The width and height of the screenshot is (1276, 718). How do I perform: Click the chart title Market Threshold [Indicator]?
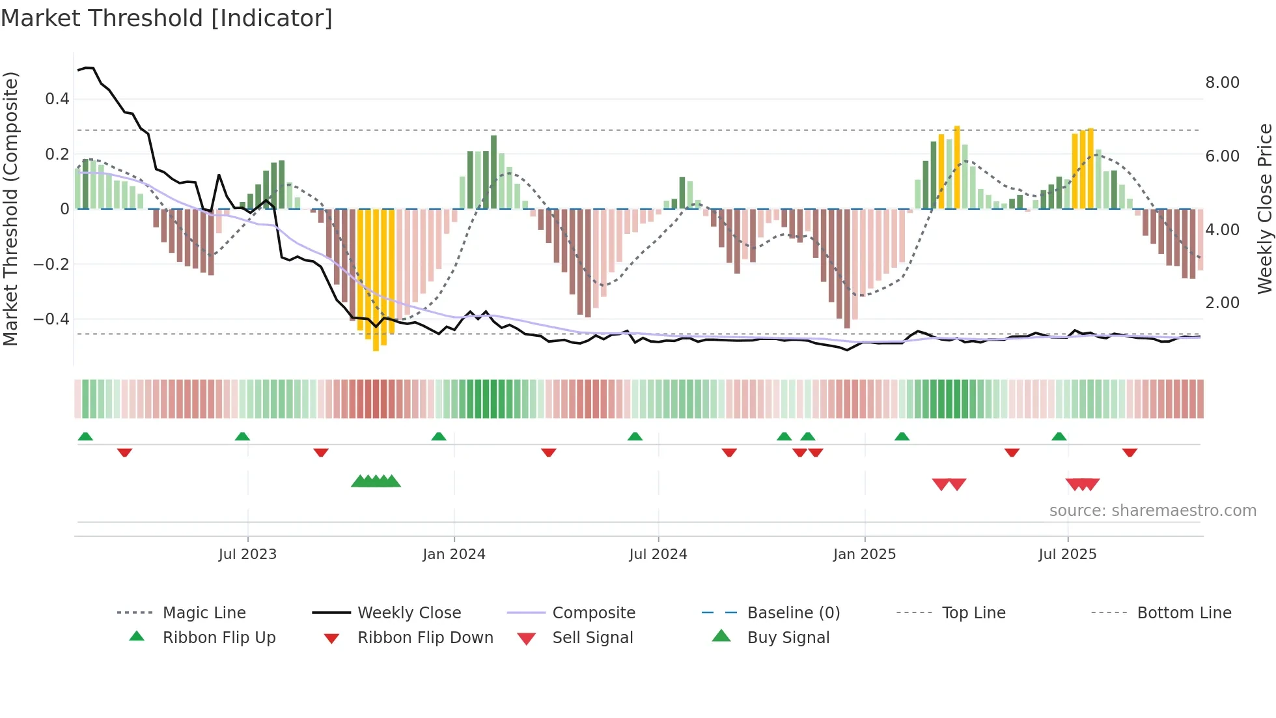click(x=167, y=18)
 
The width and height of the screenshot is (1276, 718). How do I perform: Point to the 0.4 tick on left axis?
click(x=57, y=99)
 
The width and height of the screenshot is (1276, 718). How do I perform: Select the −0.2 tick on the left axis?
click(x=52, y=264)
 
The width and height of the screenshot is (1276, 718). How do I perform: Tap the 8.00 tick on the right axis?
click(x=1222, y=83)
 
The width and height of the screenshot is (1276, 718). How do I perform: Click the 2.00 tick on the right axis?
click(x=1222, y=303)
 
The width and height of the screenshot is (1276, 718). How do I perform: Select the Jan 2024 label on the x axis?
click(x=454, y=554)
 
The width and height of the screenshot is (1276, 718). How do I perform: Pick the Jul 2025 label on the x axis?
click(x=1067, y=554)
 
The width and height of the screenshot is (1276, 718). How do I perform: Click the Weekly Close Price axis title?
click(x=1264, y=208)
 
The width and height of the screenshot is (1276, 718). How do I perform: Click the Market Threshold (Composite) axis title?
click(x=10, y=208)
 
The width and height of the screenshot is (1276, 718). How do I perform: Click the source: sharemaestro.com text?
click(x=1152, y=511)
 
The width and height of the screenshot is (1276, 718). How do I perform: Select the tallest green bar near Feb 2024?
click(x=493, y=172)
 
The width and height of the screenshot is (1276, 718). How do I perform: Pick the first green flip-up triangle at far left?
click(x=85, y=437)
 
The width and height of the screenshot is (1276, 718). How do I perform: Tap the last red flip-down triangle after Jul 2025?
click(x=1130, y=452)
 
